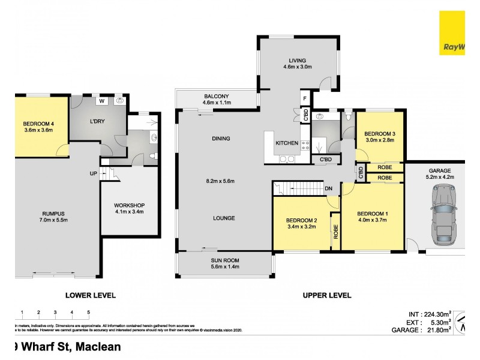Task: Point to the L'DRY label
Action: (98, 122)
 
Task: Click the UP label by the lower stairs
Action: (93, 174)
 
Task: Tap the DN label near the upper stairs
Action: (329, 188)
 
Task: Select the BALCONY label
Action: (217, 96)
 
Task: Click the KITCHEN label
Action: (286, 143)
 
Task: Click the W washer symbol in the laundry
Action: (102, 101)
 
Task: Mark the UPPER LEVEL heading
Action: (327, 295)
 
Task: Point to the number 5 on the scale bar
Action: (88, 313)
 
